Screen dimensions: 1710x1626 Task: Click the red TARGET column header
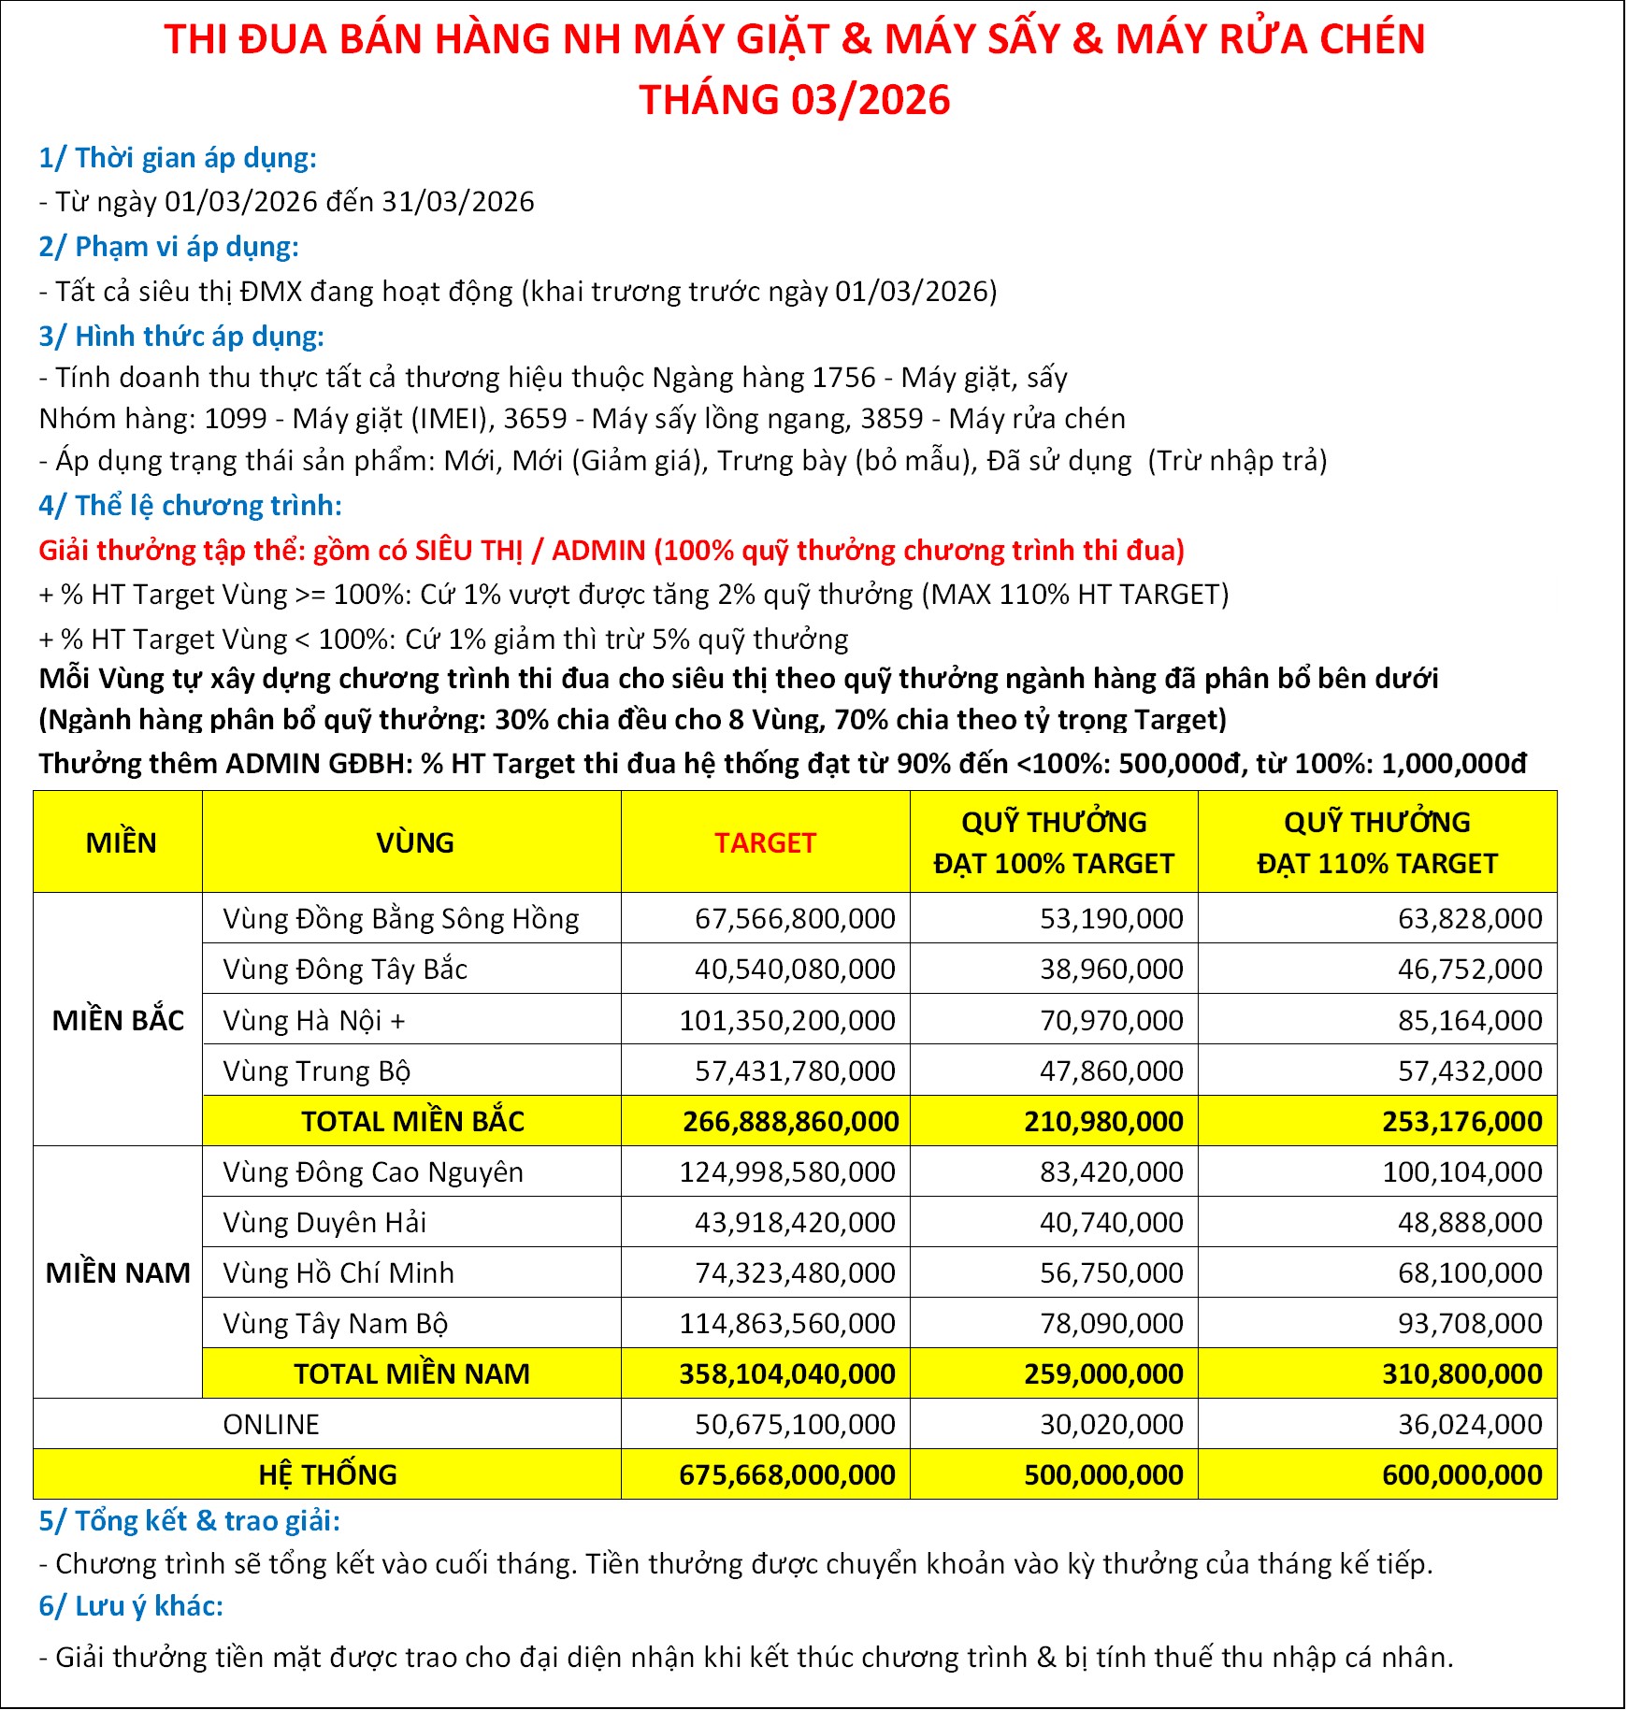point(765,842)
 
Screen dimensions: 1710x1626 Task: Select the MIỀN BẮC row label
point(118,1020)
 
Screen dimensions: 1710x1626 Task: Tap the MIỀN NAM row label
point(118,1272)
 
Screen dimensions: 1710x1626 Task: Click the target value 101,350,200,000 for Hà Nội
point(787,1020)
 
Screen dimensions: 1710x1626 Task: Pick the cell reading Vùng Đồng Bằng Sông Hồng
point(400,919)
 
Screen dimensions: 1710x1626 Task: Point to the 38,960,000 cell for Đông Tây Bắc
point(1111,970)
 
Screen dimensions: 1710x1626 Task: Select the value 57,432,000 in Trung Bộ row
point(1469,1071)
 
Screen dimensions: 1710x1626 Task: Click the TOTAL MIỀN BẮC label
point(412,1121)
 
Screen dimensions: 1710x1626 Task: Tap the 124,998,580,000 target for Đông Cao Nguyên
point(787,1171)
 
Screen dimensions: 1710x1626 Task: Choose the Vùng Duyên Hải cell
point(324,1222)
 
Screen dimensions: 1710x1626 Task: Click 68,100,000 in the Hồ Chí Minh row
point(1469,1272)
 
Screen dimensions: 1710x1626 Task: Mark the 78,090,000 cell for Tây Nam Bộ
point(1111,1323)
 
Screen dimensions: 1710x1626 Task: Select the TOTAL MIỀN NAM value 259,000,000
point(1103,1373)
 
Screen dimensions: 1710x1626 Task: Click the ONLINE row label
point(271,1424)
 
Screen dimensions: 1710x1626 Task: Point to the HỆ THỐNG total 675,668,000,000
point(787,1474)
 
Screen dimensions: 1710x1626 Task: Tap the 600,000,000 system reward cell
point(1461,1474)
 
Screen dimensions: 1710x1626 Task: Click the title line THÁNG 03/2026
point(794,100)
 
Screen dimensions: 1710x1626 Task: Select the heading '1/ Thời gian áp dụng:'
point(178,158)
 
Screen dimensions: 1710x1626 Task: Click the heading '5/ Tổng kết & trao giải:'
point(189,1521)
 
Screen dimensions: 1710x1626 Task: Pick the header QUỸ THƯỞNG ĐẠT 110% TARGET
point(1376,842)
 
